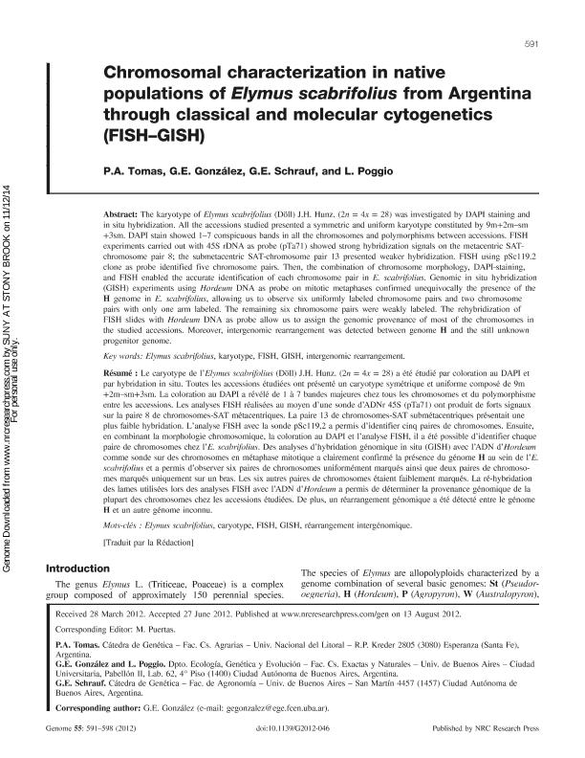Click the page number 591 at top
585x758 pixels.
534,45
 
